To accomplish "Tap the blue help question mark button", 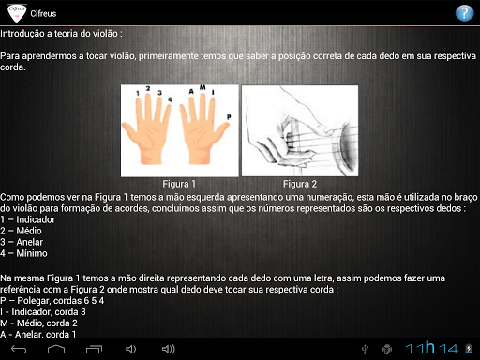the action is click(464, 13).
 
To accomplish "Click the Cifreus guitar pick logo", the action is click(17, 13).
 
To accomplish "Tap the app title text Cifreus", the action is click(43, 14).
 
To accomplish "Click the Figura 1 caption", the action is click(179, 184).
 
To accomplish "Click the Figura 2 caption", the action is click(300, 184).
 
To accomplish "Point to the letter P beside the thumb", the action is click(229, 117).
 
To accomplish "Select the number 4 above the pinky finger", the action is click(170, 99).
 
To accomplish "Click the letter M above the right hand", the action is click(202, 87).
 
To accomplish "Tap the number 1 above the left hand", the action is click(138, 93).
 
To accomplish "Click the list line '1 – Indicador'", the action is click(28, 219).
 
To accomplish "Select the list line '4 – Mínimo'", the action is click(23, 253).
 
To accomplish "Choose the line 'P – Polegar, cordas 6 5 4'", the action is click(52, 301).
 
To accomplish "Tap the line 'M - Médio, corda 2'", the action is click(38, 323).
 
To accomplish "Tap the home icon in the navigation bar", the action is click(56, 349).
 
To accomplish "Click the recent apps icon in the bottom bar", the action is click(94, 349).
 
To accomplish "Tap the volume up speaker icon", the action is click(169, 349).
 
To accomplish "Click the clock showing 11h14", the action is click(432, 348).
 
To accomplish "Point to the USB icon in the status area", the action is click(365, 349).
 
